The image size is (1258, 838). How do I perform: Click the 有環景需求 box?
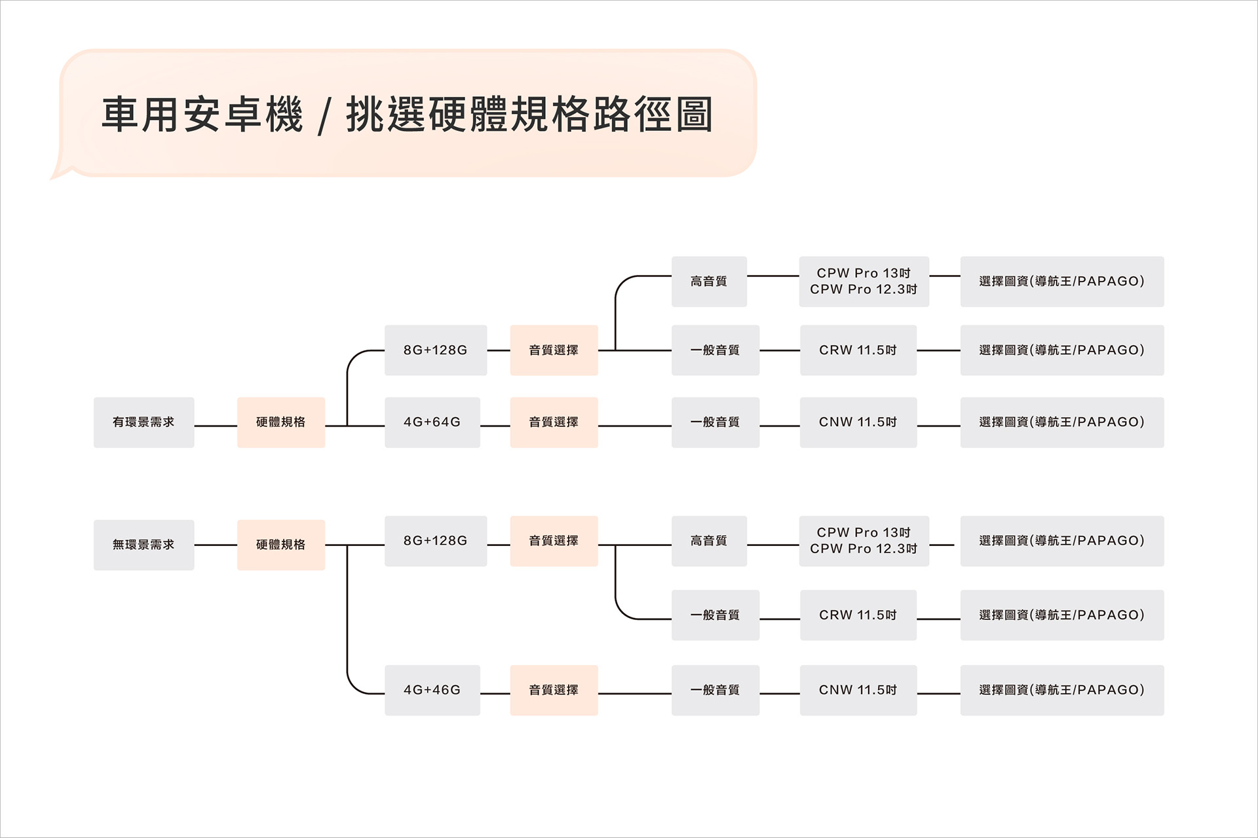(143, 422)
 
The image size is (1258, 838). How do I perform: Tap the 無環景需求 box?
(143, 545)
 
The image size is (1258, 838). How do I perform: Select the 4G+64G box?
(432, 422)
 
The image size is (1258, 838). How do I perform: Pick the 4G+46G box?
(432, 690)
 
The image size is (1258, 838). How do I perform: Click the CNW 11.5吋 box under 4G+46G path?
(858, 690)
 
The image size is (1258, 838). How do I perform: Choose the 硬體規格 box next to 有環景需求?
(280, 422)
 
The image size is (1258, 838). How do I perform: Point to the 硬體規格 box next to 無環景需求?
(280, 545)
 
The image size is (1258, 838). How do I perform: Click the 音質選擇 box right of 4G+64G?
(554, 422)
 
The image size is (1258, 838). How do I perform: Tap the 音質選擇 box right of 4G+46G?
(554, 690)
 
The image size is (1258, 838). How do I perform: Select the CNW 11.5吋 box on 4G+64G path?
(858, 422)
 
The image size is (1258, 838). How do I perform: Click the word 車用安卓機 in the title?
(202, 115)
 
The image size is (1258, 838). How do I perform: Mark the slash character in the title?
(323, 117)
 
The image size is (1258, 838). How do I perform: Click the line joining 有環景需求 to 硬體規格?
(216, 426)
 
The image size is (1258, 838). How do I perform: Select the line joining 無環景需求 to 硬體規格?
(216, 545)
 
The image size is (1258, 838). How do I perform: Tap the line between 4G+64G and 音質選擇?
(495, 426)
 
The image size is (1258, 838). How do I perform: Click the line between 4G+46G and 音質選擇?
(495, 693)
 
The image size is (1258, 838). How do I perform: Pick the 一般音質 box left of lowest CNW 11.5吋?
(715, 690)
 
